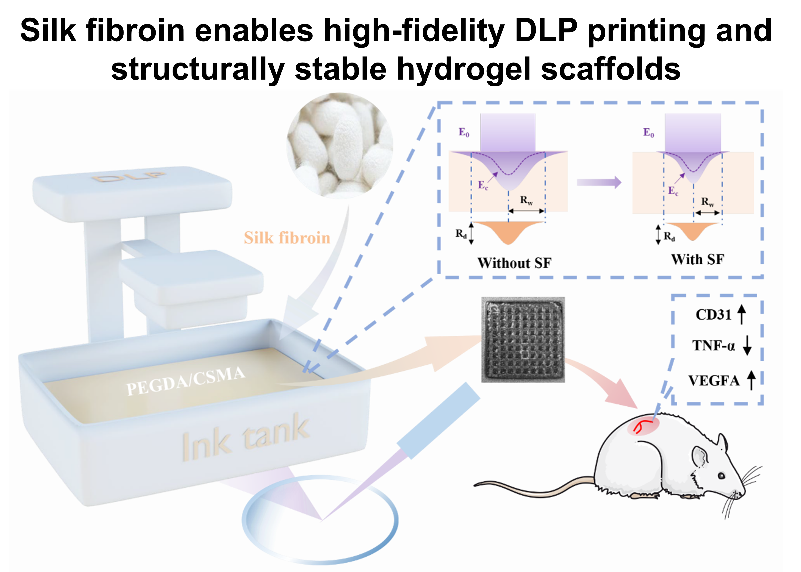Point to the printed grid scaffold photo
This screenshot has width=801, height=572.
point(523,340)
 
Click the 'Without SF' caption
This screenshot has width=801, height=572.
point(514,263)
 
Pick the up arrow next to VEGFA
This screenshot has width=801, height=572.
point(752,380)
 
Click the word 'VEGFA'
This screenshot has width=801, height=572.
point(714,381)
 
